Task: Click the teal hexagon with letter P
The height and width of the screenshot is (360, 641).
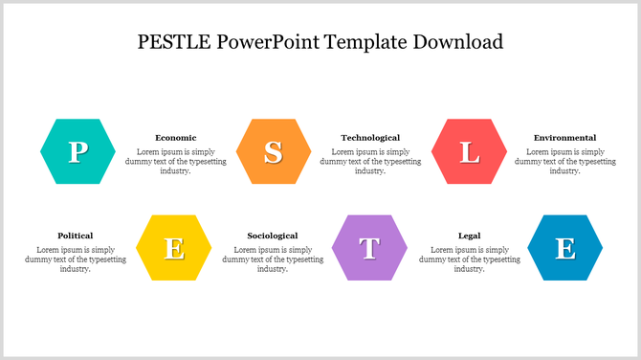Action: [x=77, y=151]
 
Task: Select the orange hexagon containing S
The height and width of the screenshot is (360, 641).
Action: [x=273, y=151]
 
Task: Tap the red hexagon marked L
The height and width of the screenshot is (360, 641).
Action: [x=469, y=151]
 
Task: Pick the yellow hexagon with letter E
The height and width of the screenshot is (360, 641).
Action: [x=174, y=248]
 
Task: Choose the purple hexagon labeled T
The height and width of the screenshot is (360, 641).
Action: [x=369, y=248]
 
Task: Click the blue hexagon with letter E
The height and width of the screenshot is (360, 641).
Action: [x=565, y=248]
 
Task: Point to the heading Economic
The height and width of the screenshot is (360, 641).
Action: [x=175, y=138]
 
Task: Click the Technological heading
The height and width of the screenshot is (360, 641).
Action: [x=370, y=138]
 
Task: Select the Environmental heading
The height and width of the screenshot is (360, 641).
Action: [x=564, y=138]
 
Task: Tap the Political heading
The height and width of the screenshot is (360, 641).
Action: [x=75, y=236]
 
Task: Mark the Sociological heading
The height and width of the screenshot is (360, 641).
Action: [x=273, y=236]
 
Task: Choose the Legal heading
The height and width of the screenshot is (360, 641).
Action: [x=469, y=236]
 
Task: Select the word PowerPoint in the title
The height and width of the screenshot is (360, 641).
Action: [x=268, y=42]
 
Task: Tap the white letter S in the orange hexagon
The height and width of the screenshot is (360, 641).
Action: [x=274, y=152]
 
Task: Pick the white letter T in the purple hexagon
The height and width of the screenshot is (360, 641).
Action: [x=369, y=249]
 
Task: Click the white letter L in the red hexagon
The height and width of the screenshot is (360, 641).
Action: [x=469, y=152]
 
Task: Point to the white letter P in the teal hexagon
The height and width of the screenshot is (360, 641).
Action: [x=77, y=152]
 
